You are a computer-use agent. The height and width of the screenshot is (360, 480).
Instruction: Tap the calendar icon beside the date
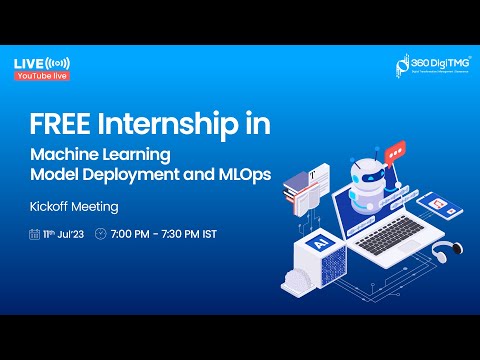[x=34, y=234]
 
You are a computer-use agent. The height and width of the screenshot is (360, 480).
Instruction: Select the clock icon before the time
[x=100, y=234]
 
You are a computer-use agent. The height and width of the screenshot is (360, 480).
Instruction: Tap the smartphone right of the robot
[x=436, y=205]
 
